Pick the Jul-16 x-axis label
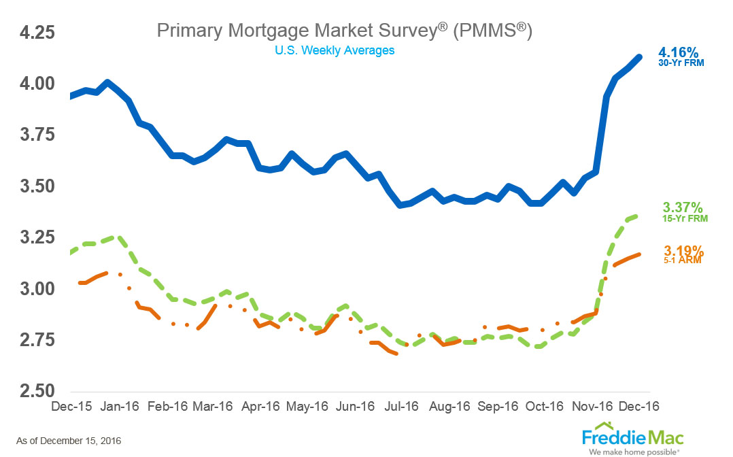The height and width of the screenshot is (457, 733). coord(402,406)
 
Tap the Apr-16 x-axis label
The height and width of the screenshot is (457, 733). coord(260,406)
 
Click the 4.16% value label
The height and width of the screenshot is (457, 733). coord(679,52)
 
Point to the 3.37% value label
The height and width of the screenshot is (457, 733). coord(683,207)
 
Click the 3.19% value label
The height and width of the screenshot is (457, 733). coord(683,250)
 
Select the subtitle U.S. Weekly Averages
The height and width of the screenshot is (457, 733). coord(335,50)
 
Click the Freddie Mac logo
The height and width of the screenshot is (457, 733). coord(632,436)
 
